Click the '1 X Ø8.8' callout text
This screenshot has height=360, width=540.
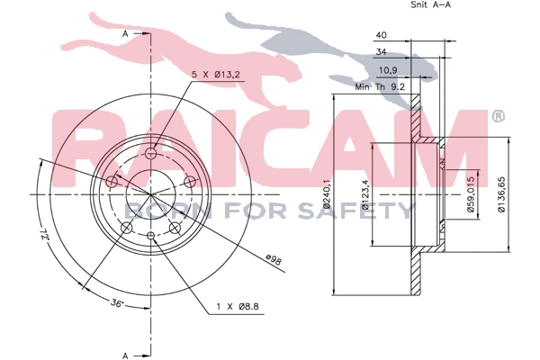[237, 308]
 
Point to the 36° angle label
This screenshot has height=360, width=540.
[116, 303]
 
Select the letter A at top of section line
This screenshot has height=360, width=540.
[125, 33]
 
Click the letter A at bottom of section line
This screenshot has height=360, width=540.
[125, 354]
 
